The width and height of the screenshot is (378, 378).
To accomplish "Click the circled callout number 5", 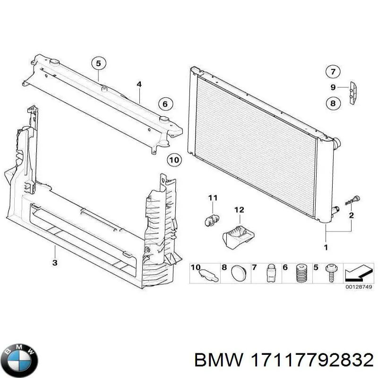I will coord(98,63).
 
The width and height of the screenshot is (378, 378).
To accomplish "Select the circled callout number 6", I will coord(165,104).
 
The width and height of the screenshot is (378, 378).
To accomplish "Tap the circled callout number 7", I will coord(333,72).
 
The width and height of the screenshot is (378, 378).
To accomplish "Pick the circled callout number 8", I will coord(333,103).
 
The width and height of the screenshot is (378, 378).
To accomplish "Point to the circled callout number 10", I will coord(174,160).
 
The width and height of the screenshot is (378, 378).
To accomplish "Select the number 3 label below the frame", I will coord(55,262).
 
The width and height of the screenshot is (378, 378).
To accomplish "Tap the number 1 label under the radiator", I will coord(325,247).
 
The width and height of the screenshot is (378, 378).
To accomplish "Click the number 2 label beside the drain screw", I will coord(351,216).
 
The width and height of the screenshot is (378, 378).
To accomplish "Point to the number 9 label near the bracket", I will coord(333,87).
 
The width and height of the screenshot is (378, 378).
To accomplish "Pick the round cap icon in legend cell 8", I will coord(239,273).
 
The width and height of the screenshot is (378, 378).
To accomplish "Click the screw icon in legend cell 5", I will coord(331,274).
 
